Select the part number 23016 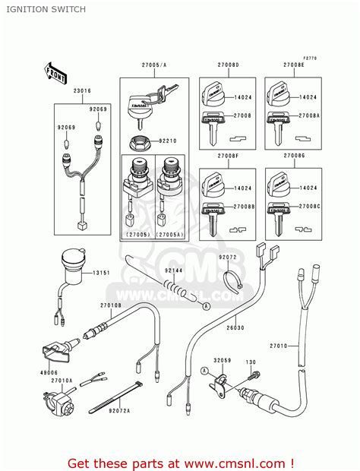point(82,91)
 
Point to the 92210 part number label point(168,141)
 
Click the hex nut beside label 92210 point(141,141)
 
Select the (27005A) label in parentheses point(169,235)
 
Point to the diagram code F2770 point(308,58)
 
